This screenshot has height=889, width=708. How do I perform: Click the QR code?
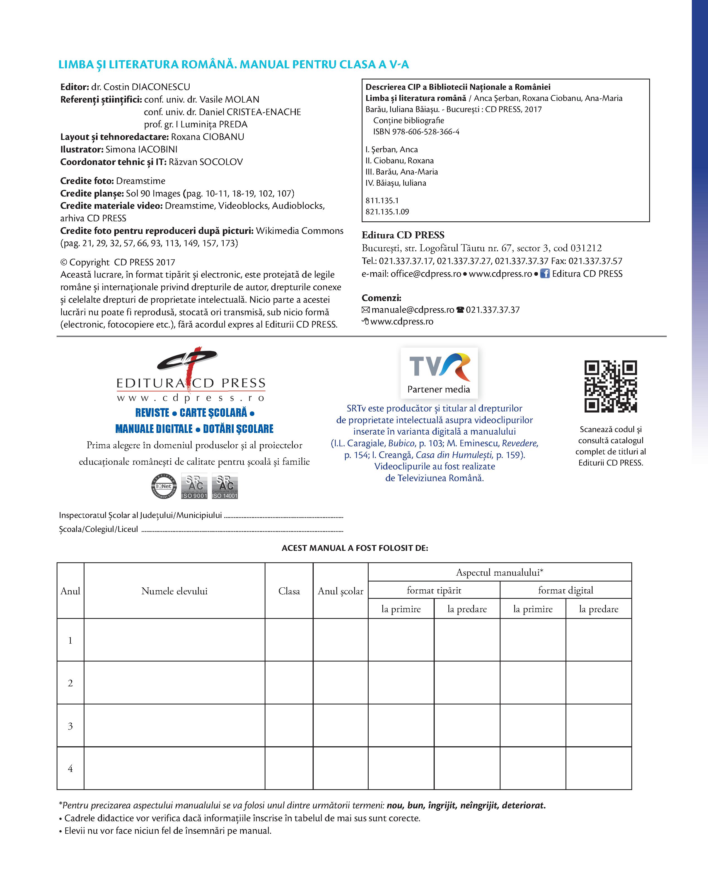pos(610,386)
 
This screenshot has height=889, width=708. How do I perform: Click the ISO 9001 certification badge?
pos(194,486)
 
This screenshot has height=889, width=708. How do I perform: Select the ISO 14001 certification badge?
pos(225,486)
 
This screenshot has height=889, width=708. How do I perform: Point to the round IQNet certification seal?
pos(164,486)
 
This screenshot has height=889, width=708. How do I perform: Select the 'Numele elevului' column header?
pos(175,591)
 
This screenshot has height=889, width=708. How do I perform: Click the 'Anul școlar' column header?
pos(340,591)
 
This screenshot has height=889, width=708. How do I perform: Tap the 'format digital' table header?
pos(565,590)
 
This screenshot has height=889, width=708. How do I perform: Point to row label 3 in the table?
pos(70,726)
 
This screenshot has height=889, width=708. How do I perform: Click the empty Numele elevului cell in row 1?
pos(175,640)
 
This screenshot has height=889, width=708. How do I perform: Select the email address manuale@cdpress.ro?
pos(412,310)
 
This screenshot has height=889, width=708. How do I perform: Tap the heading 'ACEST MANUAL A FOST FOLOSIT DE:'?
pos(355,548)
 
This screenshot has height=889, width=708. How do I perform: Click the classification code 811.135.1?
pos(382,201)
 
